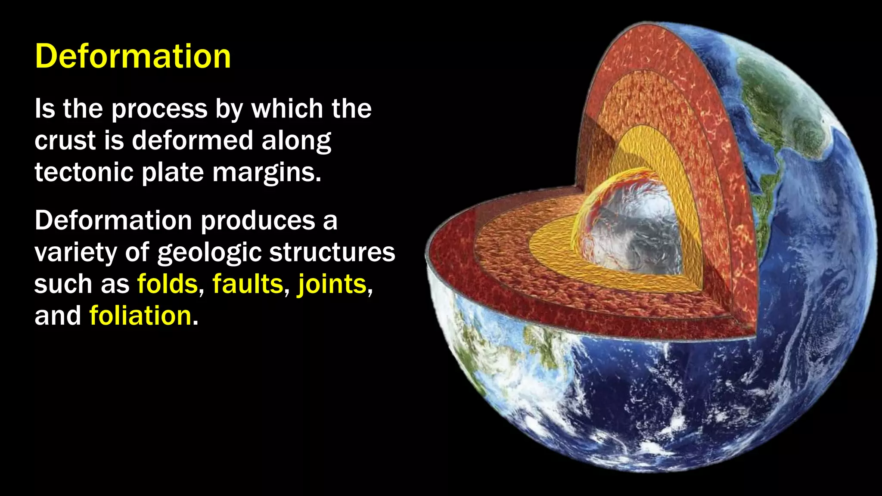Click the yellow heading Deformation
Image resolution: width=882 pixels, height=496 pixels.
(x=133, y=56)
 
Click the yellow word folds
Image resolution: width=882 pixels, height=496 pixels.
(x=167, y=284)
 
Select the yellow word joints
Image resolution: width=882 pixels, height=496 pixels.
(x=332, y=284)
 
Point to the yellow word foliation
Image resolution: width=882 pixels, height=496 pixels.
(x=140, y=316)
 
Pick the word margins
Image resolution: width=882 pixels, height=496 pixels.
(x=267, y=173)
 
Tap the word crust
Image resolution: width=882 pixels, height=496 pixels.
(x=65, y=141)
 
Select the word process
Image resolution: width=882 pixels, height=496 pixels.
(x=159, y=109)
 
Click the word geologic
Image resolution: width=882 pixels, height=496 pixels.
(x=209, y=253)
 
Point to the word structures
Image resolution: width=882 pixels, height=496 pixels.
(x=332, y=252)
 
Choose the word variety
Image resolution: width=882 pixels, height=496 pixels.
(x=76, y=253)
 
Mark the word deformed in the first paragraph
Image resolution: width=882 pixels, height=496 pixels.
(x=192, y=141)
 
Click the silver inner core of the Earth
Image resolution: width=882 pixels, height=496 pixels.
(x=633, y=228)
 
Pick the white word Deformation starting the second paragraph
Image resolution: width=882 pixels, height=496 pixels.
(x=113, y=220)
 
